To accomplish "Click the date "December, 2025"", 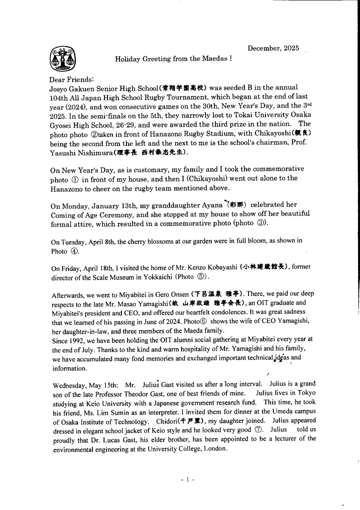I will point(273,48).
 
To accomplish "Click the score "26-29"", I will point(139,123).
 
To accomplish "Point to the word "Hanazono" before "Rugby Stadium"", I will point(182,134).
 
